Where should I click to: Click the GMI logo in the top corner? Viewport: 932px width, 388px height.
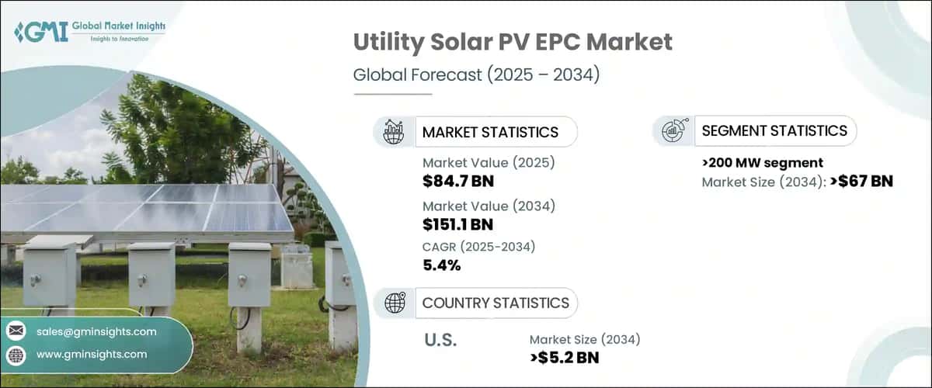pos(90,32)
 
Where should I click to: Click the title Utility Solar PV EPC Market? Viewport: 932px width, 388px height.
pos(513,42)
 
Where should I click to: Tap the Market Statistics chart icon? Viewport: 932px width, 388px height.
pos(395,132)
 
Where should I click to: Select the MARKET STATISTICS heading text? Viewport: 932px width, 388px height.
pos(490,132)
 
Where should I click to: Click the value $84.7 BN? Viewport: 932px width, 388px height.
pos(458,182)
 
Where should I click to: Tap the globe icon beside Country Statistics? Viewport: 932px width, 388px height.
pos(395,303)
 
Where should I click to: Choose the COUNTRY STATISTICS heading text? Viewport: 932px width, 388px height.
pos(496,303)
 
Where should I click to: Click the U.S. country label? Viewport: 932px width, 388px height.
pos(440,341)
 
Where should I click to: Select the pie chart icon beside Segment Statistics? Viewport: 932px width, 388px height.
pos(673,131)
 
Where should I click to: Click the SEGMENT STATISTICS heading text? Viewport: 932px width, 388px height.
pos(774,131)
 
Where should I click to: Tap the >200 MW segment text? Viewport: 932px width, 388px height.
pos(762,162)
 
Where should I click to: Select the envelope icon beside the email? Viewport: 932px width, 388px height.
pos(16,331)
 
